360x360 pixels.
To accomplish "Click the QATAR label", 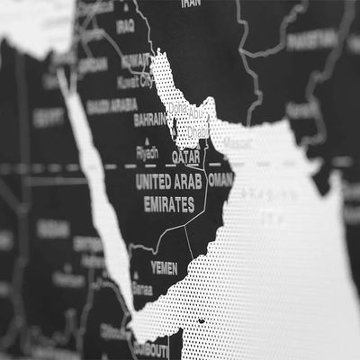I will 185,156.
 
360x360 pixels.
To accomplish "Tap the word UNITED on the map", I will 154,181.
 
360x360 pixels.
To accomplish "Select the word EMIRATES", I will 168,204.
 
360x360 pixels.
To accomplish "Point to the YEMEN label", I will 164,267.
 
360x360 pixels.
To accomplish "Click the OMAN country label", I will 220,179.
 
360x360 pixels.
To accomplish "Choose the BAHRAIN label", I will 149,119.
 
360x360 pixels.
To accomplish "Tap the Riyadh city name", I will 147,153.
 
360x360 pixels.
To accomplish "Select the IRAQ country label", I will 125,26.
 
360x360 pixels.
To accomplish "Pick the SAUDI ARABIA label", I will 112,105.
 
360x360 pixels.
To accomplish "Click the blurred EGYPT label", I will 49,117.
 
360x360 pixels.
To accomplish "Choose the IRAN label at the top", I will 190,4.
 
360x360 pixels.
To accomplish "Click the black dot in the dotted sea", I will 201,319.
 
